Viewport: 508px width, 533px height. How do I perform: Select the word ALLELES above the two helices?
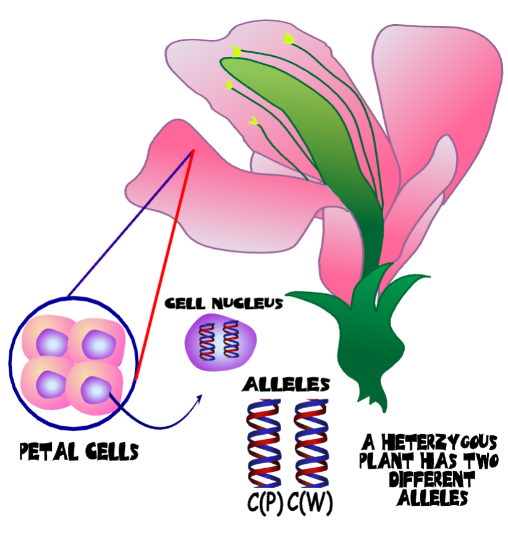[286, 384]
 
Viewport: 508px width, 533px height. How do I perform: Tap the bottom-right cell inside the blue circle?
[94, 389]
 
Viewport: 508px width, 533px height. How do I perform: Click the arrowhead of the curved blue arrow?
[201, 397]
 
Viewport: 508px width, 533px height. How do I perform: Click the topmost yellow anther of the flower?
[288, 40]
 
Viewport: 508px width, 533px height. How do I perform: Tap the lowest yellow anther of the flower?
[253, 121]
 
